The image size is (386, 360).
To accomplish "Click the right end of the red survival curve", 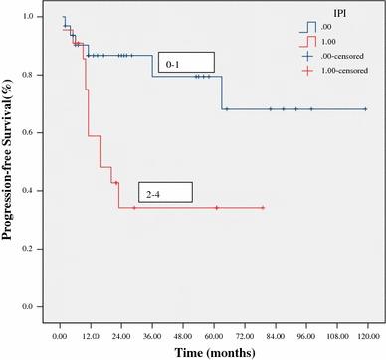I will tap(264, 207).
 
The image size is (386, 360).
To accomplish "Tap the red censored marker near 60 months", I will tap(217, 207).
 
